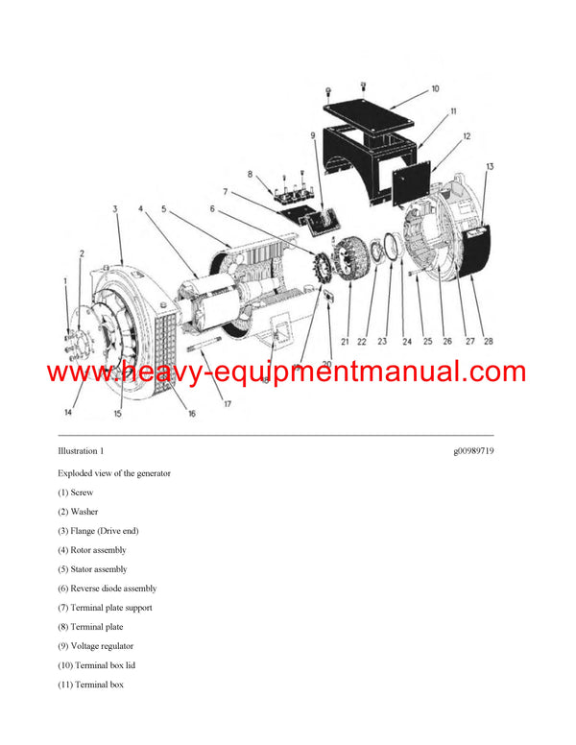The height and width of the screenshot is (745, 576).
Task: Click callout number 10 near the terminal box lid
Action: click(x=435, y=89)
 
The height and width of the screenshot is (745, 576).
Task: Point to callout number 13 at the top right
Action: click(x=489, y=167)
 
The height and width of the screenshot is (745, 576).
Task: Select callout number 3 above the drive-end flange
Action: click(x=114, y=207)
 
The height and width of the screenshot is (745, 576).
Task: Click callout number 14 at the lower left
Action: click(x=68, y=413)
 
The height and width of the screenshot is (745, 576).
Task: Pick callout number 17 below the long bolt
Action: click(x=228, y=403)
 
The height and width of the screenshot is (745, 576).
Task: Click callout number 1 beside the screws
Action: click(x=66, y=281)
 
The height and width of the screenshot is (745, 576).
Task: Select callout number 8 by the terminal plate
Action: click(x=251, y=175)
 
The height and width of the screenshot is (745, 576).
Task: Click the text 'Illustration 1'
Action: click(x=81, y=450)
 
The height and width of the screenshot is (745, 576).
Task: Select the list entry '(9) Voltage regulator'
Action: click(x=95, y=646)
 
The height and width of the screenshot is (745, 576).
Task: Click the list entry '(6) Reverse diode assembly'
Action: click(x=107, y=589)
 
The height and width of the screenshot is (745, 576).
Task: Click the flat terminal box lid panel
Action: click(x=370, y=115)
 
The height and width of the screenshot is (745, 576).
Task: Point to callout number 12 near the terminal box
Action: click(x=467, y=136)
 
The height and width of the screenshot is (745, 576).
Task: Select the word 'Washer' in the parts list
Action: click(x=84, y=512)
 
